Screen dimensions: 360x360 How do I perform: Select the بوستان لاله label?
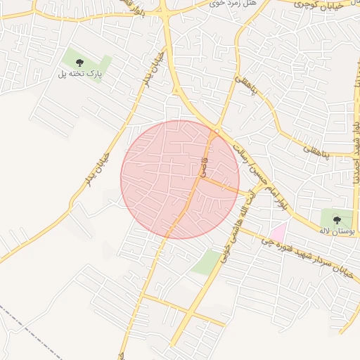(x=335, y=230)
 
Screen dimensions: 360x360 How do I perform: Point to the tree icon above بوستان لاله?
(x=337, y=220)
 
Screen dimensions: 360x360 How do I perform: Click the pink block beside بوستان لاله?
(x=278, y=231)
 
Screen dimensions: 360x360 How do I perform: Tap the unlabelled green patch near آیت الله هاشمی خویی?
(x=205, y=262)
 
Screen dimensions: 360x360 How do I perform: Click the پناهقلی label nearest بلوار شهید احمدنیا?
(x=316, y=150)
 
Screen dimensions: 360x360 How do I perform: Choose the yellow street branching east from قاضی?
(x=225, y=186)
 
